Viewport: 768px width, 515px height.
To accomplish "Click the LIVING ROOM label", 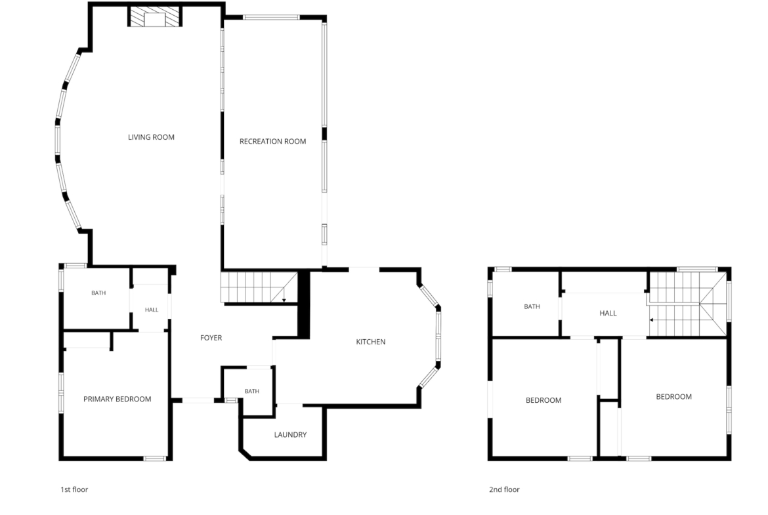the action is point(151,137).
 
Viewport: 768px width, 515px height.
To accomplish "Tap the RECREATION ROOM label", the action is point(273,142).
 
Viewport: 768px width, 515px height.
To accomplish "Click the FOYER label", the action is point(211,338).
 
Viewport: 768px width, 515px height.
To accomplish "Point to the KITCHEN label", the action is point(370,342).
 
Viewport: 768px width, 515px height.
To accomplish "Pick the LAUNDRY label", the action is point(290,435).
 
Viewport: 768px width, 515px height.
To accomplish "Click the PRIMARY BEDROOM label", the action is point(117,399).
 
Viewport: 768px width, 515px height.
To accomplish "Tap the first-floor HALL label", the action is point(152,310).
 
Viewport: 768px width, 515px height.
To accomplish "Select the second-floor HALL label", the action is point(608,314).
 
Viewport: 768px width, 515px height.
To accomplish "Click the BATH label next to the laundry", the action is point(252,391).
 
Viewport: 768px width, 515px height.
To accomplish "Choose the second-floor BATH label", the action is point(532,306).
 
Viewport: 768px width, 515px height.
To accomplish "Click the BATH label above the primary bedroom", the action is point(98,293).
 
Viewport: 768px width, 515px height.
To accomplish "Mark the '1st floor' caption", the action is point(74,489).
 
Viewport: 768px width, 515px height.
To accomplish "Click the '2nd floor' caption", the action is point(504,489).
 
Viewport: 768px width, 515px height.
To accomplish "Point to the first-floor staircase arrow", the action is point(284,294).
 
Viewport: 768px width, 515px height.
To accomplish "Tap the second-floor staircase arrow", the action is point(675,319).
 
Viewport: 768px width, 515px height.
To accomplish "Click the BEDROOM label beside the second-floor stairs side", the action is point(674,396).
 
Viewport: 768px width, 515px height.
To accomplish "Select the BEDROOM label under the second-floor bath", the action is point(544,400).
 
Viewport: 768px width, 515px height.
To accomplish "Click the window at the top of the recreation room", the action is point(271,18).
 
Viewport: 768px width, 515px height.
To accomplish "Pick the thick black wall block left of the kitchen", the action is point(304,304).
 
